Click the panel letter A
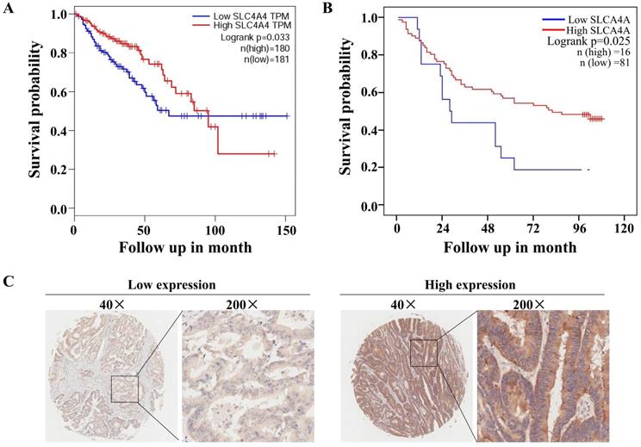pyautogui.click(x=9, y=9)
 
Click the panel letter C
pyautogui.click(x=9, y=281)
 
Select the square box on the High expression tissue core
pyautogui.click(x=425, y=352)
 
